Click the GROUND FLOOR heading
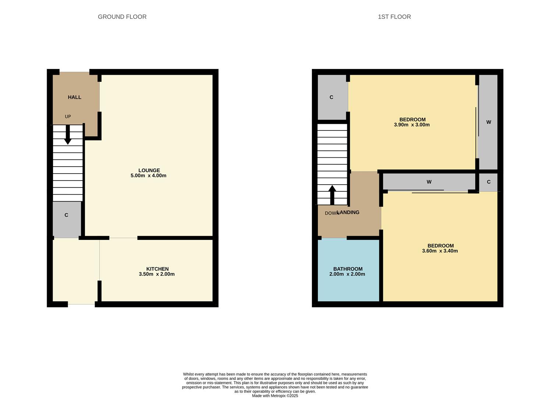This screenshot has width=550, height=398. [x=122, y=17]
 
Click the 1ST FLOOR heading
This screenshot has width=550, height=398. [x=394, y=17]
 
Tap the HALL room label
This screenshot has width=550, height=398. [x=74, y=97]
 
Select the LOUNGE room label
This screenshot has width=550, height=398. [x=149, y=170]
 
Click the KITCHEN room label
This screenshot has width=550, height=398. [x=157, y=269]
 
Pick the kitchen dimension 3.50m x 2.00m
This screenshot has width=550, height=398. [x=157, y=274]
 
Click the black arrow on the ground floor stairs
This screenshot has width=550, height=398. [x=68, y=135]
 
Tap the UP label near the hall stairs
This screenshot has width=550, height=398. [x=68, y=116]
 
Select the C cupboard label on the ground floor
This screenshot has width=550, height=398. [x=66, y=215]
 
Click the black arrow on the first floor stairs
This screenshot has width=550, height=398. [x=332, y=194]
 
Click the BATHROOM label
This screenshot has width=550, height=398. [x=348, y=269]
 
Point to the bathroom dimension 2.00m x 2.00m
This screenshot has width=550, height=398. [x=347, y=274]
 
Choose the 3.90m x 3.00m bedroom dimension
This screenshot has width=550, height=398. [x=412, y=125]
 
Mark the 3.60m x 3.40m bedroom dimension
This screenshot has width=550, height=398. [x=440, y=251]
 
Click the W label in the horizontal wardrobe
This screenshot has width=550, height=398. [x=429, y=182]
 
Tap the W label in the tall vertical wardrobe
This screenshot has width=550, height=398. [x=489, y=122]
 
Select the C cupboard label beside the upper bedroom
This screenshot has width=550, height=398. [x=331, y=97]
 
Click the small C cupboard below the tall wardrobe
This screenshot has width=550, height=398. [x=489, y=182]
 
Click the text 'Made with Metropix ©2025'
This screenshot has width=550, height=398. [x=275, y=396]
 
